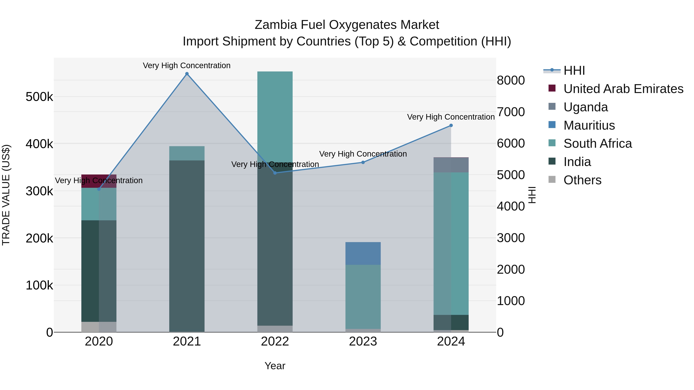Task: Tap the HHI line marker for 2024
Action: [x=451, y=125]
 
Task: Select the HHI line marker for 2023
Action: [x=363, y=162]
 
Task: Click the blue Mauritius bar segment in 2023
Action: [x=363, y=253]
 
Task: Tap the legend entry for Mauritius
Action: [x=589, y=125]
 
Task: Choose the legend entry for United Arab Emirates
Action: [x=623, y=89]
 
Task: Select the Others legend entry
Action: [x=582, y=180]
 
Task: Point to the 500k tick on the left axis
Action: [x=39, y=97]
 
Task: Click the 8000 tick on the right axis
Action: [x=510, y=80]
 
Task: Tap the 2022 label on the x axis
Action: [x=275, y=341]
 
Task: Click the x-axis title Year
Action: [x=275, y=366]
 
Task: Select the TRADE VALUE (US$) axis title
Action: [x=6, y=195]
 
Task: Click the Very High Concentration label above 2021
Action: [x=186, y=65]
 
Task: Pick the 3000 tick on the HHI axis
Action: [x=510, y=238]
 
